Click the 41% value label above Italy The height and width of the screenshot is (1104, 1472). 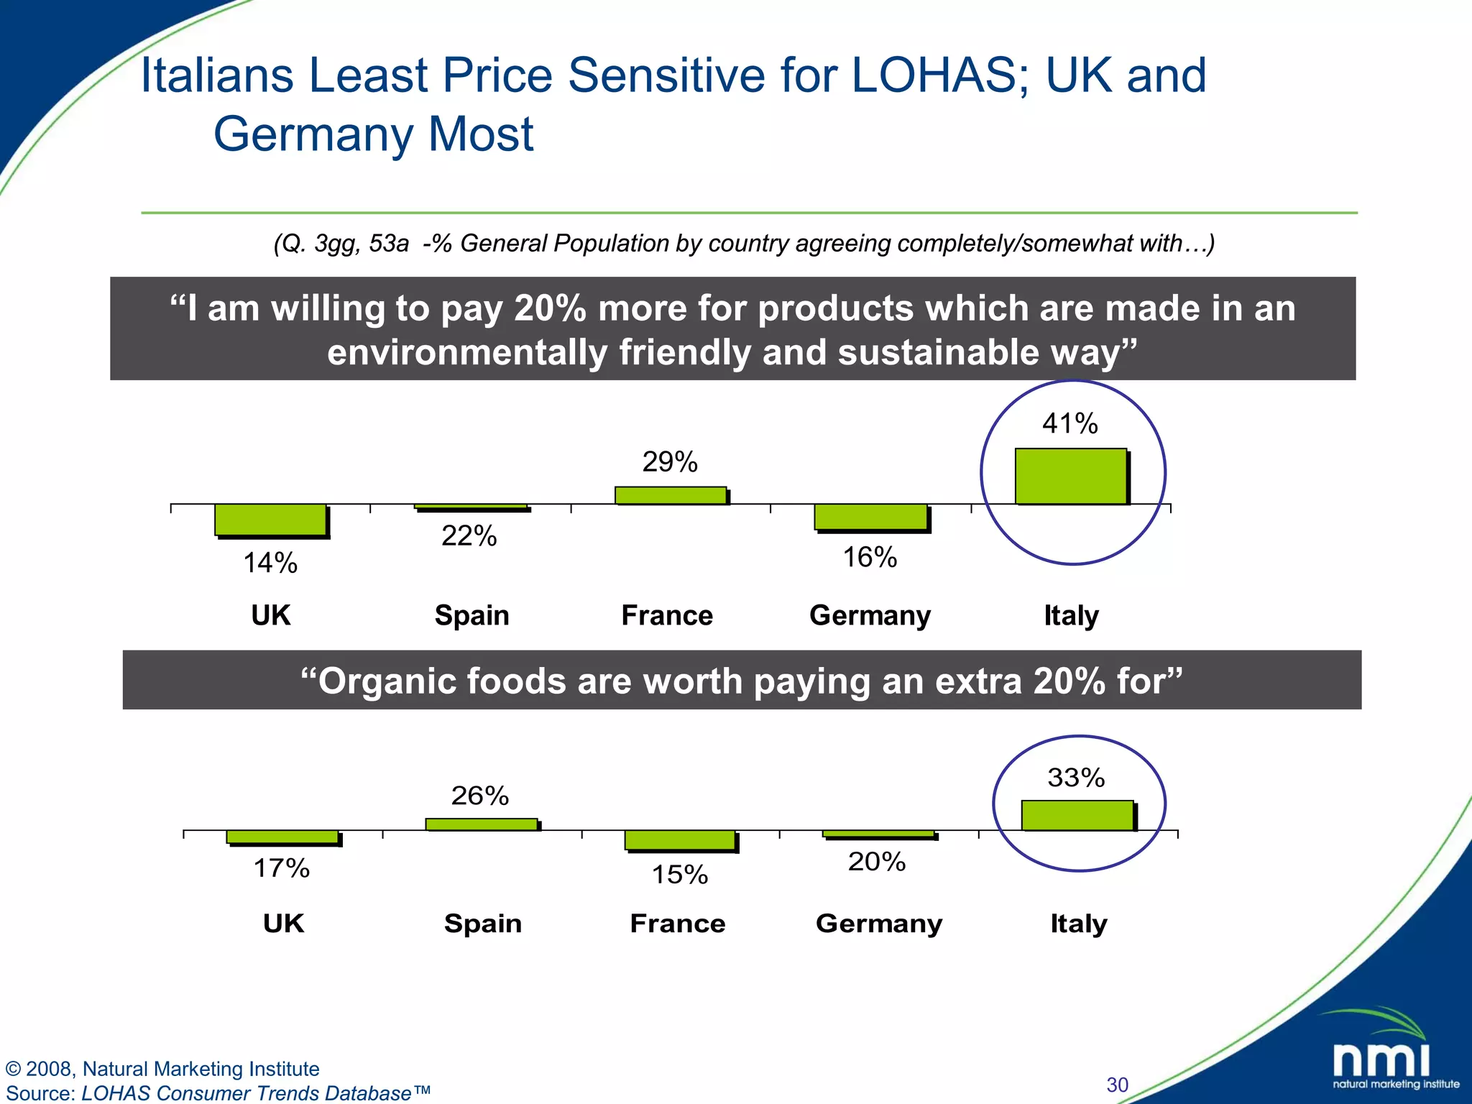1069,423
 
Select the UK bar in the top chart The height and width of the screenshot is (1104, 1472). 270,519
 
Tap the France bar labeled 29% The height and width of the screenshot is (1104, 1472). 670,495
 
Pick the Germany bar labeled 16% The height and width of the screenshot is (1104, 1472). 870,517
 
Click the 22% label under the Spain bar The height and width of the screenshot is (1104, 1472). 469,536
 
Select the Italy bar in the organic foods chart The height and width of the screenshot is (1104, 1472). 1077,815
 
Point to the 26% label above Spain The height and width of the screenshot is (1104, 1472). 479,796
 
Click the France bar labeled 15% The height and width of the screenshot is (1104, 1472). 679,839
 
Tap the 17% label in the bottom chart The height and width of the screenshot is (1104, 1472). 281,868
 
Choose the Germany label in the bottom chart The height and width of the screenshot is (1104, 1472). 878,923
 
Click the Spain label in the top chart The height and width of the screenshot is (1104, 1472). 471,615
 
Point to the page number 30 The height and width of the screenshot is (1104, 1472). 1117,1085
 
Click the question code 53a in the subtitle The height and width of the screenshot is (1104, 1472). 389,244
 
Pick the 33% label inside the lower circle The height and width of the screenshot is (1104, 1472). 1075,778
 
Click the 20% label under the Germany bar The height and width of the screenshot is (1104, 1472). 876,861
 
